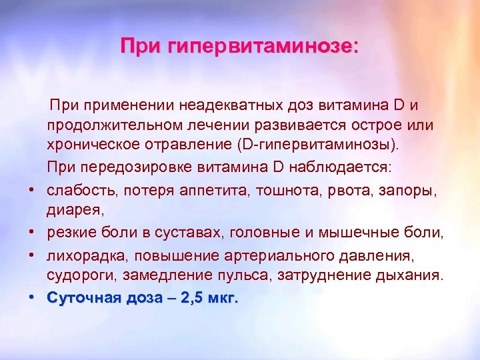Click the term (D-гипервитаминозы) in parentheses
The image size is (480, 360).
[309, 144]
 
